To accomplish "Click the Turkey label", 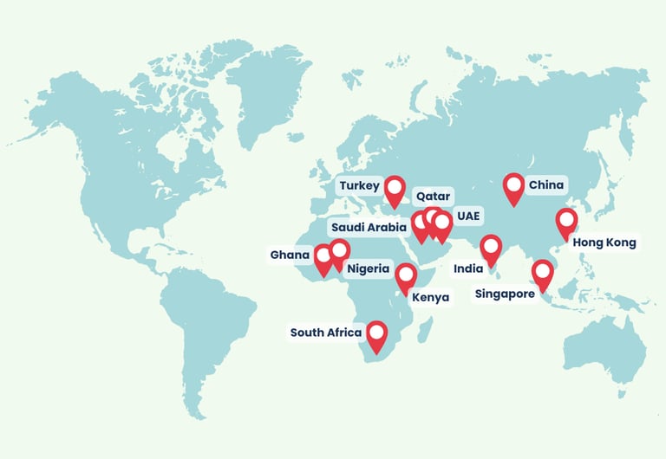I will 358,186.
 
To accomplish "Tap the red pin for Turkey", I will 395,188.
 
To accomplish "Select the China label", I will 545,184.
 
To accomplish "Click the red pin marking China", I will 514,186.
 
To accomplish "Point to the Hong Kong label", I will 604,242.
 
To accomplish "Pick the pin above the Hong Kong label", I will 566,222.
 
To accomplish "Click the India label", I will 468,269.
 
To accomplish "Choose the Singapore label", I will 505,294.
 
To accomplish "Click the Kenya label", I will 431,298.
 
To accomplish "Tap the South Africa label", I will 320,333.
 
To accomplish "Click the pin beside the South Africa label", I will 376,333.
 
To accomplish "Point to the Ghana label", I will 290,255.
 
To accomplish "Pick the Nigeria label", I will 369,268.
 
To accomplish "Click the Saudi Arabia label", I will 369,228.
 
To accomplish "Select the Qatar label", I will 432,196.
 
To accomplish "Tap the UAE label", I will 468,216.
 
